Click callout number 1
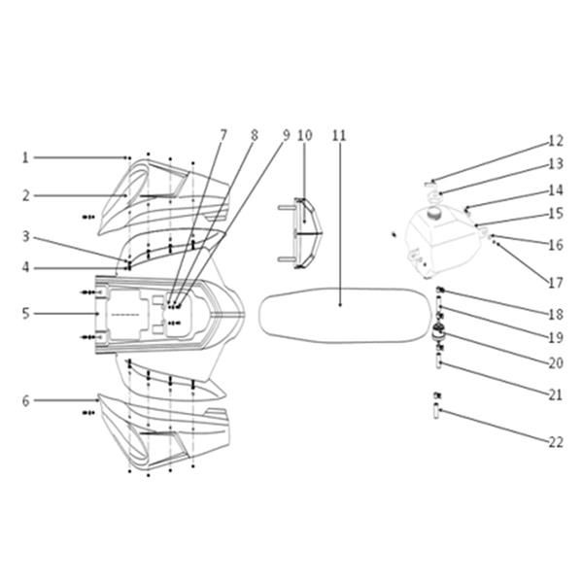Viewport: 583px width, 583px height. pyautogui.click(x=25, y=157)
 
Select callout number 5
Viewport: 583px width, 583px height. pyautogui.click(x=25, y=314)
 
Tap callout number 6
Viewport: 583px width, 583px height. pyautogui.click(x=25, y=400)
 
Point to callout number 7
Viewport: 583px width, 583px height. pyautogui.click(x=223, y=135)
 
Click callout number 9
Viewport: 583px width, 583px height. pyautogui.click(x=286, y=135)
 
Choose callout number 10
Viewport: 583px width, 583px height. pyautogui.click(x=305, y=135)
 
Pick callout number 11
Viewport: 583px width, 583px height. pyautogui.click(x=339, y=135)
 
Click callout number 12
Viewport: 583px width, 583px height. pyautogui.click(x=556, y=141)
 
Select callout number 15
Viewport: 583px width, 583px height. pyautogui.click(x=556, y=214)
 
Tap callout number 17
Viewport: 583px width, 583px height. pyautogui.click(x=556, y=283)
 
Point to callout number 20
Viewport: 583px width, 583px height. pyautogui.click(x=556, y=362)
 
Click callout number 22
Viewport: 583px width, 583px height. pyautogui.click(x=556, y=442)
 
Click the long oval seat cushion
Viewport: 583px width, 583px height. pyautogui.click(x=342, y=315)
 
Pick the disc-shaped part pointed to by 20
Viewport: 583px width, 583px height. pyautogui.click(x=440, y=330)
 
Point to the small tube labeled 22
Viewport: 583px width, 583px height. pyautogui.click(x=437, y=412)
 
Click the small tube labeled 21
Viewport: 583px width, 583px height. pyautogui.click(x=439, y=362)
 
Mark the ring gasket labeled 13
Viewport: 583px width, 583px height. pyautogui.click(x=433, y=195)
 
